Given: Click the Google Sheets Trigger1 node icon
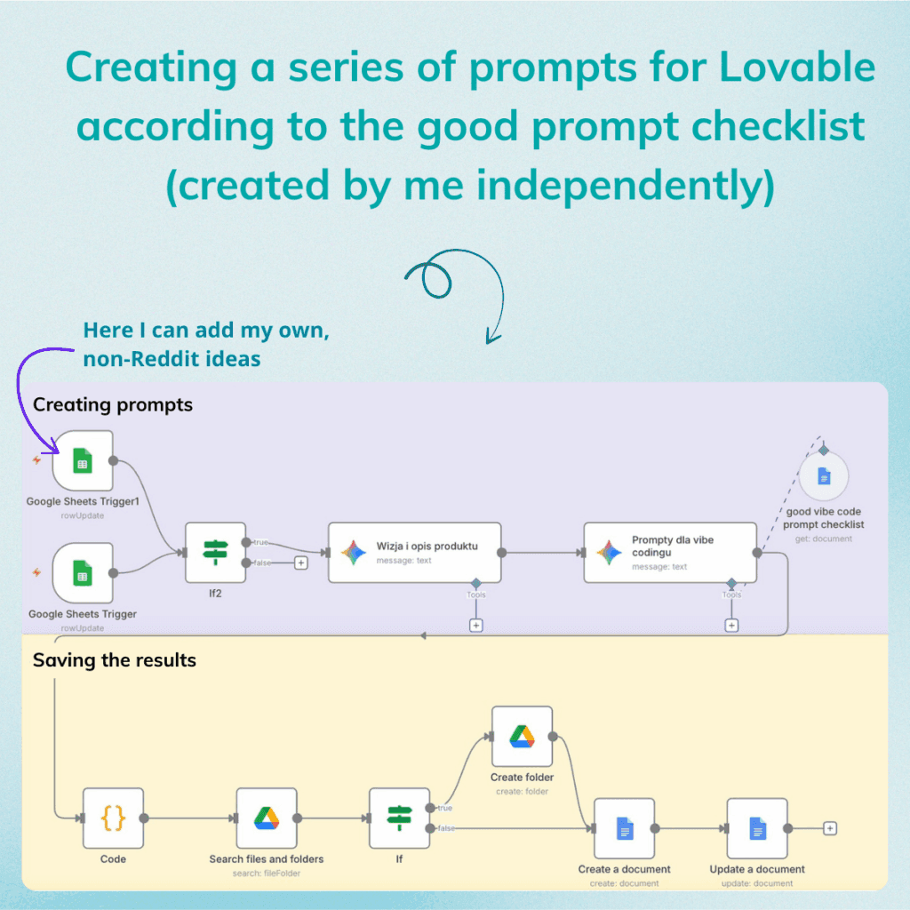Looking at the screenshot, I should coord(83,460).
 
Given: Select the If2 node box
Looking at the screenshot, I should coord(215,552).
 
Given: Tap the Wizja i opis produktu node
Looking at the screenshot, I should coord(414,552).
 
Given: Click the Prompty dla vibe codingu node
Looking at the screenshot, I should coord(670,552).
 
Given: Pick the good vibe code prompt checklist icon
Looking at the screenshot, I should coord(824,477).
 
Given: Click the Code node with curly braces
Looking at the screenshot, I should coord(113,818).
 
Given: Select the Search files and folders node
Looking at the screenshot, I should coord(267,818).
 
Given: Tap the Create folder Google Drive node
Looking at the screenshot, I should coord(522,736).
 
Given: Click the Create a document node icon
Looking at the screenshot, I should coord(624,828).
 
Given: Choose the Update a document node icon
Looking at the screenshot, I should coord(757,828).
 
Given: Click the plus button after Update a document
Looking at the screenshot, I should coord(830,828).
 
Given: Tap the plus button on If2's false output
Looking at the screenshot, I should coord(300,563).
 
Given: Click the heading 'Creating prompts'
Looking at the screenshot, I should coord(112,405).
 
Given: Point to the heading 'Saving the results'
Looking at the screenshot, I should coord(114,660).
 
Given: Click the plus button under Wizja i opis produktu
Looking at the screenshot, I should coord(476,626).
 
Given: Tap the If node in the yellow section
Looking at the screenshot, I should coord(399,818).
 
